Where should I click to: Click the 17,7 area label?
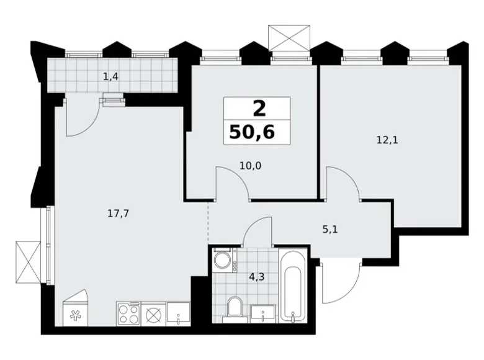pyautogui.click(x=119, y=214)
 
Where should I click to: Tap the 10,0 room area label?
pyautogui.click(x=250, y=166)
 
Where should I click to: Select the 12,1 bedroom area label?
pyautogui.click(x=387, y=140)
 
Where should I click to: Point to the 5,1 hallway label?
pyautogui.click(x=330, y=230)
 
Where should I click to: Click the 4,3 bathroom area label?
pyautogui.click(x=257, y=277)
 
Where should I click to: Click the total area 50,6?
pyautogui.click(x=252, y=132)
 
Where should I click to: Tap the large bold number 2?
pyautogui.click(x=259, y=109)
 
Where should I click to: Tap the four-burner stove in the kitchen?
pyautogui.click(x=128, y=313)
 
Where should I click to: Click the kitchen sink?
pyautogui.click(x=178, y=313)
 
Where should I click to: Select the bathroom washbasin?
pyautogui.click(x=262, y=313)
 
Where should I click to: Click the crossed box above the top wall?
pyautogui.click(x=289, y=38)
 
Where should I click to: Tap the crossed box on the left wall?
pyautogui.click(x=28, y=262)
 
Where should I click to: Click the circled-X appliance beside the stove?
pyautogui.click(x=153, y=313)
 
